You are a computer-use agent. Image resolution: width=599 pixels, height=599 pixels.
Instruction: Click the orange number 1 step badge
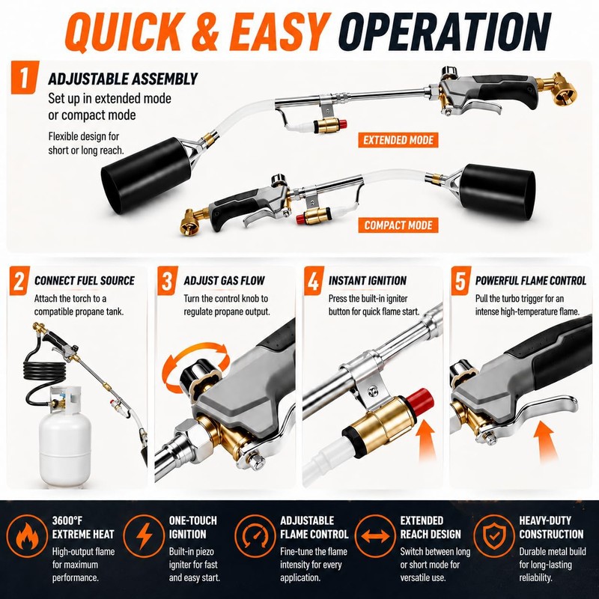click(x=25, y=77)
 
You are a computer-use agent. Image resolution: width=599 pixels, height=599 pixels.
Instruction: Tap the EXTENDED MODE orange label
click(x=398, y=140)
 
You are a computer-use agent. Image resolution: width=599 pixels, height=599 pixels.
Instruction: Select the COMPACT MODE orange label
click(x=398, y=225)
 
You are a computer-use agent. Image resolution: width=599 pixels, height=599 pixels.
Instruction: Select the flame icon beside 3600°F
click(x=27, y=536)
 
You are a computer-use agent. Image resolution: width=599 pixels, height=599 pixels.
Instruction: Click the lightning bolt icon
click(x=145, y=536)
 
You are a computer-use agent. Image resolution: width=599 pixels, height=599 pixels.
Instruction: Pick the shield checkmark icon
click(x=494, y=536)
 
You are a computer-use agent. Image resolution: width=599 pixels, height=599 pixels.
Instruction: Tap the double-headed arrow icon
click(x=376, y=536)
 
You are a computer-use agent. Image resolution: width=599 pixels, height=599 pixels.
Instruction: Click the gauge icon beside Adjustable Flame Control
click(x=255, y=536)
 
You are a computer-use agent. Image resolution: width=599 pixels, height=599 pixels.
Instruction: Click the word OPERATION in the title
click(x=444, y=31)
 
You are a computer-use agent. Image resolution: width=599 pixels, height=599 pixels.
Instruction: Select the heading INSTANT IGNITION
click(x=368, y=281)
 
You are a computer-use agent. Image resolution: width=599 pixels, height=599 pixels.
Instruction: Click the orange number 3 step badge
click(x=167, y=281)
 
